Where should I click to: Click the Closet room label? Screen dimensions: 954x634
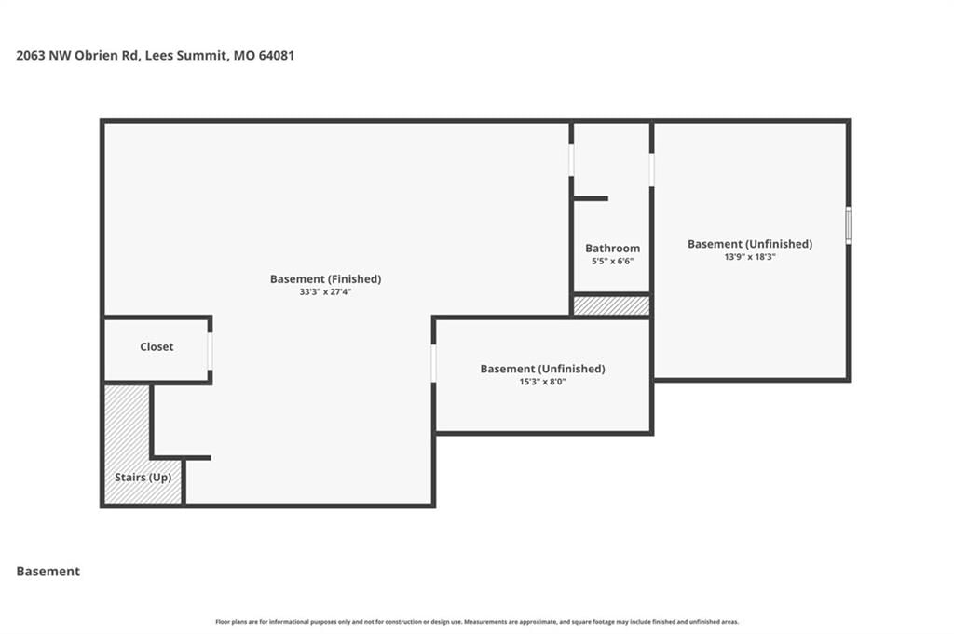(157, 346)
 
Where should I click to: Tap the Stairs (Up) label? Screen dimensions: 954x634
(143, 478)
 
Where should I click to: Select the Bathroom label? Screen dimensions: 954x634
(613, 248)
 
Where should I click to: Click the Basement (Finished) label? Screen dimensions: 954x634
(325, 279)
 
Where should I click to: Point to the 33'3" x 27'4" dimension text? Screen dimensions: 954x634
(325, 291)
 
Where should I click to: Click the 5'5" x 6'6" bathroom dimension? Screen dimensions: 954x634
(613, 262)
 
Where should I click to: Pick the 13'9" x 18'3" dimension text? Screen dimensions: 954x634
(750, 257)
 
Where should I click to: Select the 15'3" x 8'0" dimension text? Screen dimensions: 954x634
(543, 382)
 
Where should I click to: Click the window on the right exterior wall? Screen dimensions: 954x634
(848, 225)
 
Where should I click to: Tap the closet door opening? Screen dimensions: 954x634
(210, 351)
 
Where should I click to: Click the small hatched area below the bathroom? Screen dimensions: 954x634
(611, 305)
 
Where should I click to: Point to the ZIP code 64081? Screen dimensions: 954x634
(277, 55)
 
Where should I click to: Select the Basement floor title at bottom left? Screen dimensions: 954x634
(48, 572)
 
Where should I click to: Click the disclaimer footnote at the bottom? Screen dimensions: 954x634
(477, 622)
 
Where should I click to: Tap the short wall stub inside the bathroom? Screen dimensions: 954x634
(590, 198)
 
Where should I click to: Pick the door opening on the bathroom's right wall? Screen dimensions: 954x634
(651, 169)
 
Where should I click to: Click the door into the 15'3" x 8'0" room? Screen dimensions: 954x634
(434, 363)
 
